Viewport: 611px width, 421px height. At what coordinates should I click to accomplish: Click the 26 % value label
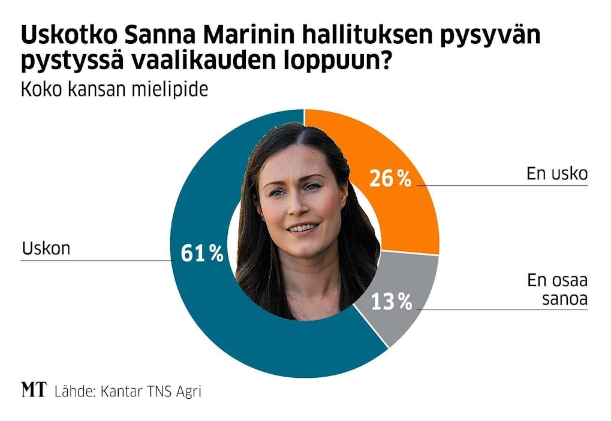(x=390, y=178)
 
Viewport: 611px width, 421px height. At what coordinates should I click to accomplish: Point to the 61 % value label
(x=202, y=253)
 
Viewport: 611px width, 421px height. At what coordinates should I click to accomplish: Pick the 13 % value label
(x=391, y=302)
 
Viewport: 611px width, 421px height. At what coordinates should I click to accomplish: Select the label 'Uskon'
(x=46, y=248)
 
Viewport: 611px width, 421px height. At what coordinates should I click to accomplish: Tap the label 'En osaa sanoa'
(x=557, y=288)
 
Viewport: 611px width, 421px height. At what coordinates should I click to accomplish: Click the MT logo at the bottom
(x=34, y=390)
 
